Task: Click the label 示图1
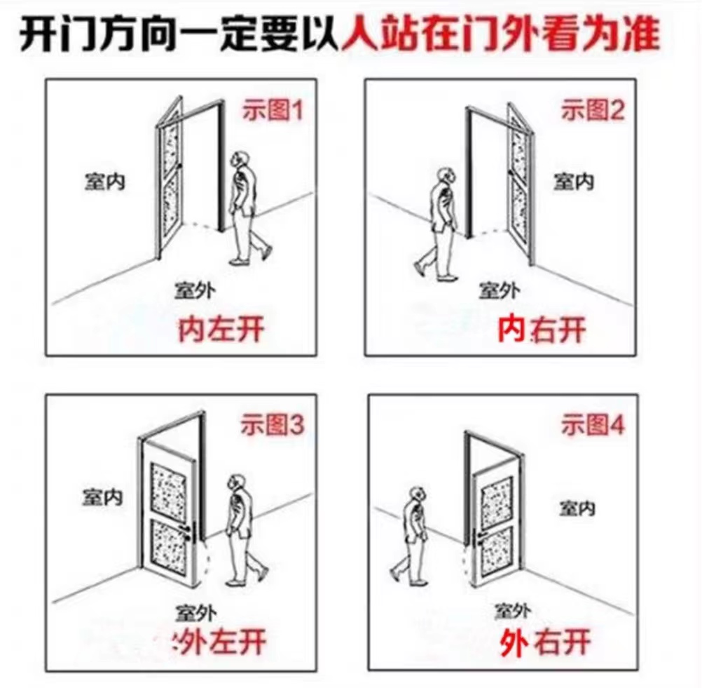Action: pos(273,110)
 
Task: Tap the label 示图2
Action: pos(592,110)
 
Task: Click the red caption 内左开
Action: pos(221,328)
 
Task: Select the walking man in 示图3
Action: pos(242,530)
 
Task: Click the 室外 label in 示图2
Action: pos(500,289)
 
